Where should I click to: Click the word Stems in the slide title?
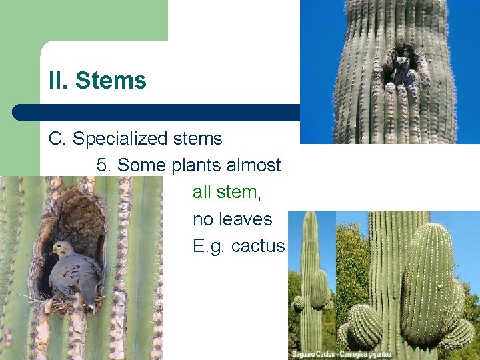point(111,81)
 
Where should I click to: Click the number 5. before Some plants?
point(104,165)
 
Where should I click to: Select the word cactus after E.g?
point(257,246)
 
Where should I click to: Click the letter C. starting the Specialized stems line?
point(57,139)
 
